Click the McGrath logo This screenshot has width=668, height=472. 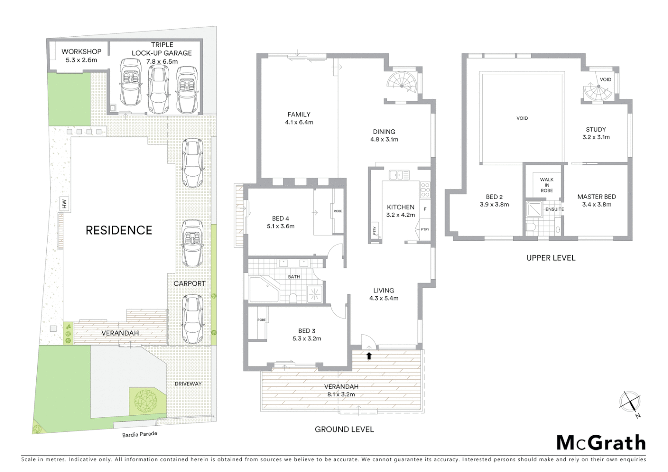601,443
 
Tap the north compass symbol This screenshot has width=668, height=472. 630,402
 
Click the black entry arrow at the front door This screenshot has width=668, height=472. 369,356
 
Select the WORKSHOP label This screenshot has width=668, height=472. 81,52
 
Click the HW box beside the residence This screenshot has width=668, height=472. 64,204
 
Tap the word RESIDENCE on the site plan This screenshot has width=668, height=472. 118,230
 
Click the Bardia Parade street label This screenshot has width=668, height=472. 139,434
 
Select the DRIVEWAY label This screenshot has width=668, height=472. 188,384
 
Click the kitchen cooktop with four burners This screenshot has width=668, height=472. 425,190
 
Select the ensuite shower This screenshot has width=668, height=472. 533,209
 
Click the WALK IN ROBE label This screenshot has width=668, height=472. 546,185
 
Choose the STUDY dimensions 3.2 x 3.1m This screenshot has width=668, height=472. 596,137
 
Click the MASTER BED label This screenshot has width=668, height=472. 596,197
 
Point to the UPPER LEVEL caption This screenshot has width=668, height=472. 551,258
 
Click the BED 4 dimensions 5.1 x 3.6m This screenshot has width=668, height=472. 281,226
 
